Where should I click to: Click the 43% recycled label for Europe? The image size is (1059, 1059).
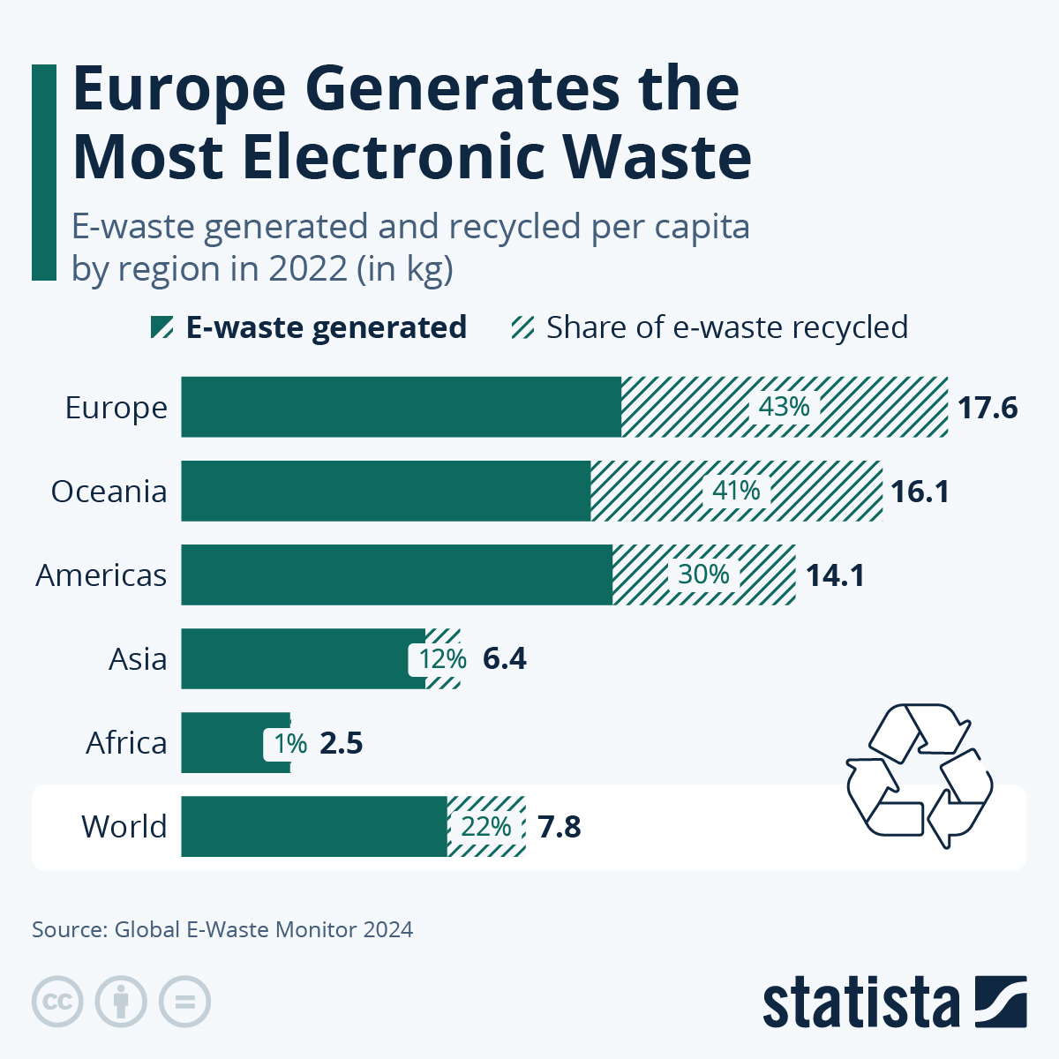pos(785,407)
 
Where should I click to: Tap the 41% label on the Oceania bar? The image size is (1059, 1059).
pos(736,491)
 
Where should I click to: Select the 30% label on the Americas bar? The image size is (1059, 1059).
pos(703,575)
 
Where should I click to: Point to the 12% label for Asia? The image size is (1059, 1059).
pos(441,659)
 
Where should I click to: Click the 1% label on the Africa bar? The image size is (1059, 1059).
pos(289,744)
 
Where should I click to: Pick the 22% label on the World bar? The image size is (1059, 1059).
pos(486,827)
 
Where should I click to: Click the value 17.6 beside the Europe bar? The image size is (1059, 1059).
pos(988,408)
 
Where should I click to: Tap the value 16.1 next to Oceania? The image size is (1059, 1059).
pos(920,492)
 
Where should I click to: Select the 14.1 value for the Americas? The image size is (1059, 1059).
pos(835,575)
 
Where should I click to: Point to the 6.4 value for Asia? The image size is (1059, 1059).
pos(505,659)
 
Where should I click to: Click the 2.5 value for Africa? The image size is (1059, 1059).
pos(342,744)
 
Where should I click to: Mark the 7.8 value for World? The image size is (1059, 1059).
pos(560,828)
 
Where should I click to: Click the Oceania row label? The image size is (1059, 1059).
pos(109,492)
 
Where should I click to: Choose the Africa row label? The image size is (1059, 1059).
pos(126,743)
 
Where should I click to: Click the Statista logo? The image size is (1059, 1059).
pos(894,1003)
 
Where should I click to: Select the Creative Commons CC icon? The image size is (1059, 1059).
pos(57,1003)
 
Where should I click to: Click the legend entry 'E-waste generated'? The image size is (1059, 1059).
pos(326,327)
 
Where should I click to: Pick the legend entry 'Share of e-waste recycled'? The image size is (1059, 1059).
pos(726,327)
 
